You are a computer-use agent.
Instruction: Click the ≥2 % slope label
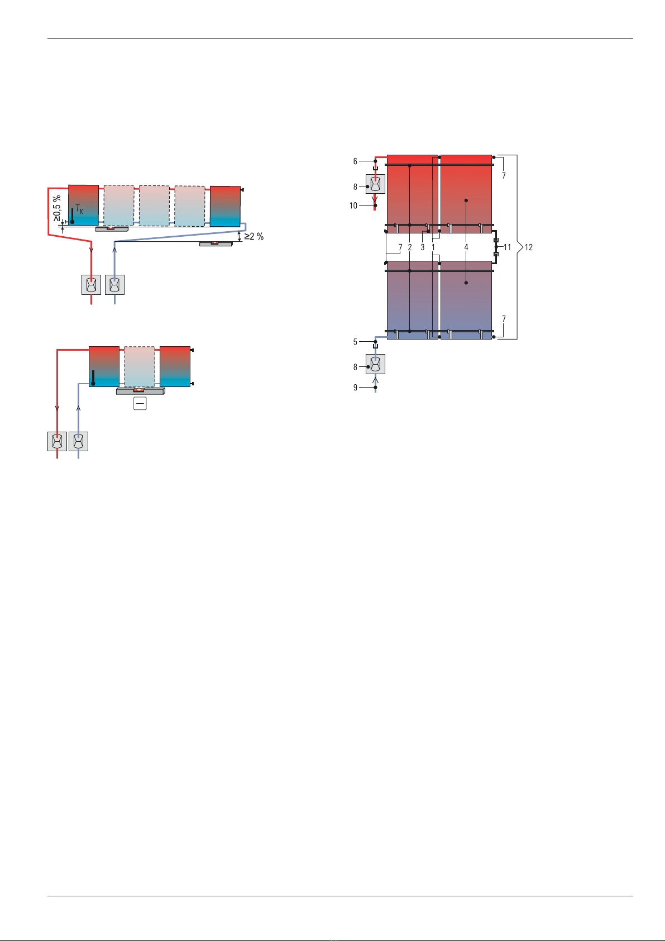(x=253, y=237)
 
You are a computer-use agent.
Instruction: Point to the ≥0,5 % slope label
(x=57, y=208)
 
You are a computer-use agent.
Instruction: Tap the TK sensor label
(x=79, y=209)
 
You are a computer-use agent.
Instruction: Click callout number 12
(x=528, y=247)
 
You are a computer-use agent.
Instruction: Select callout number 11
(x=507, y=247)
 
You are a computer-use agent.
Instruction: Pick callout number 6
(x=355, y=161)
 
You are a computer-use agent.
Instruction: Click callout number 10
(x=353, y=206)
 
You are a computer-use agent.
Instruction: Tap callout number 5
(x=355, y=342)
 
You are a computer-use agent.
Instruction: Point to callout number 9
(x=355, y=388)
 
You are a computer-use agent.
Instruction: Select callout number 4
(x=466, y=247)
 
